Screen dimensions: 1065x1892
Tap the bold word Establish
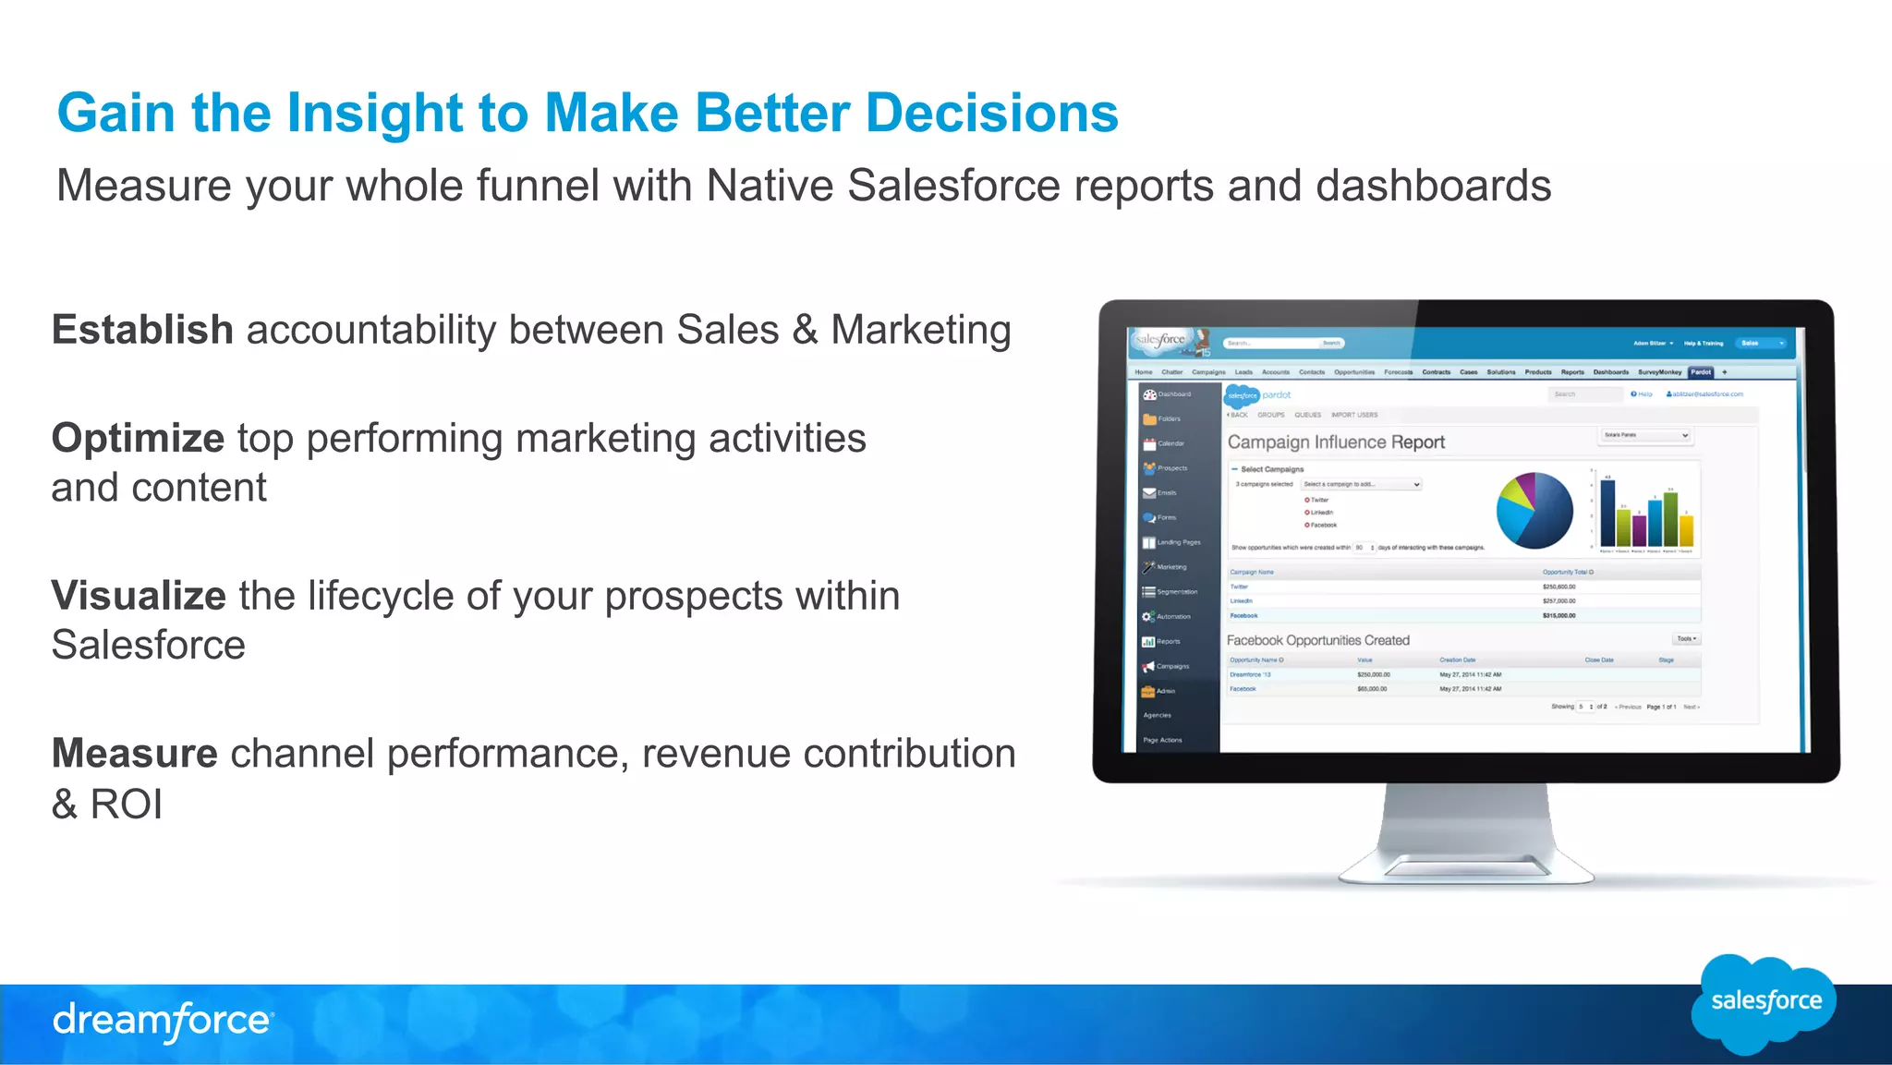(x=142, y=330)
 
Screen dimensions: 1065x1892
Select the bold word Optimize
(x=138, y=438)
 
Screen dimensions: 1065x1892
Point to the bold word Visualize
(x=139, y=596)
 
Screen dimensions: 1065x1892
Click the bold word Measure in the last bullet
(x=135, y=754)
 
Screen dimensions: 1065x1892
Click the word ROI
(x=126, y=804)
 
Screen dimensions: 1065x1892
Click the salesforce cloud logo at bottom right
(x=1765, y=1002)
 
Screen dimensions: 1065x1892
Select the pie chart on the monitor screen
(x=1534, y=511)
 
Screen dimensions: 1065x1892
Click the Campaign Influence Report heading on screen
(x=1336, y=442)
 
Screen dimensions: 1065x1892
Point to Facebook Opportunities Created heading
(x=1317, y=640)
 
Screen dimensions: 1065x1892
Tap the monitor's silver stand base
(x=1466, y=866)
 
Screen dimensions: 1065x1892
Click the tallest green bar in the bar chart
(x=1670, y=518)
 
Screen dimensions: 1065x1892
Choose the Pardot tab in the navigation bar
(x=1701, y=372)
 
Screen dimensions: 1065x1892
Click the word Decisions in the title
(x=991, y=113)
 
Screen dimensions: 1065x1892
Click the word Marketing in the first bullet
(x=920, y=330)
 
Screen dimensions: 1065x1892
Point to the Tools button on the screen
(x=1686, y=639)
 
